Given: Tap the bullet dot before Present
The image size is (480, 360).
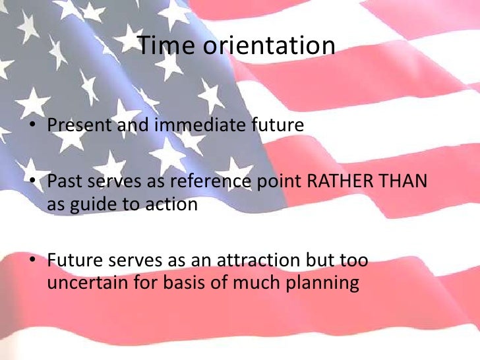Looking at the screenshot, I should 32,125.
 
